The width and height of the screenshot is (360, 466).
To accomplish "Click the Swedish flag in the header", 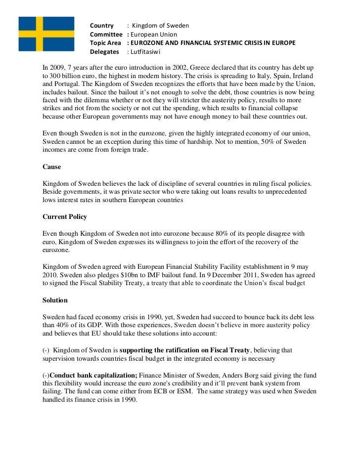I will (x=46, y=33).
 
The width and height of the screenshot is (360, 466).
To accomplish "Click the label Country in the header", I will (x=101, y=26).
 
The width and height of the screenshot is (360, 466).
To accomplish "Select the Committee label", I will (x=106, y=35).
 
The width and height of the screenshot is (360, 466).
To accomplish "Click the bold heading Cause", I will (x=52, y=167).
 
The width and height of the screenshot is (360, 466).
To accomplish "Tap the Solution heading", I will (x=55, y=300).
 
